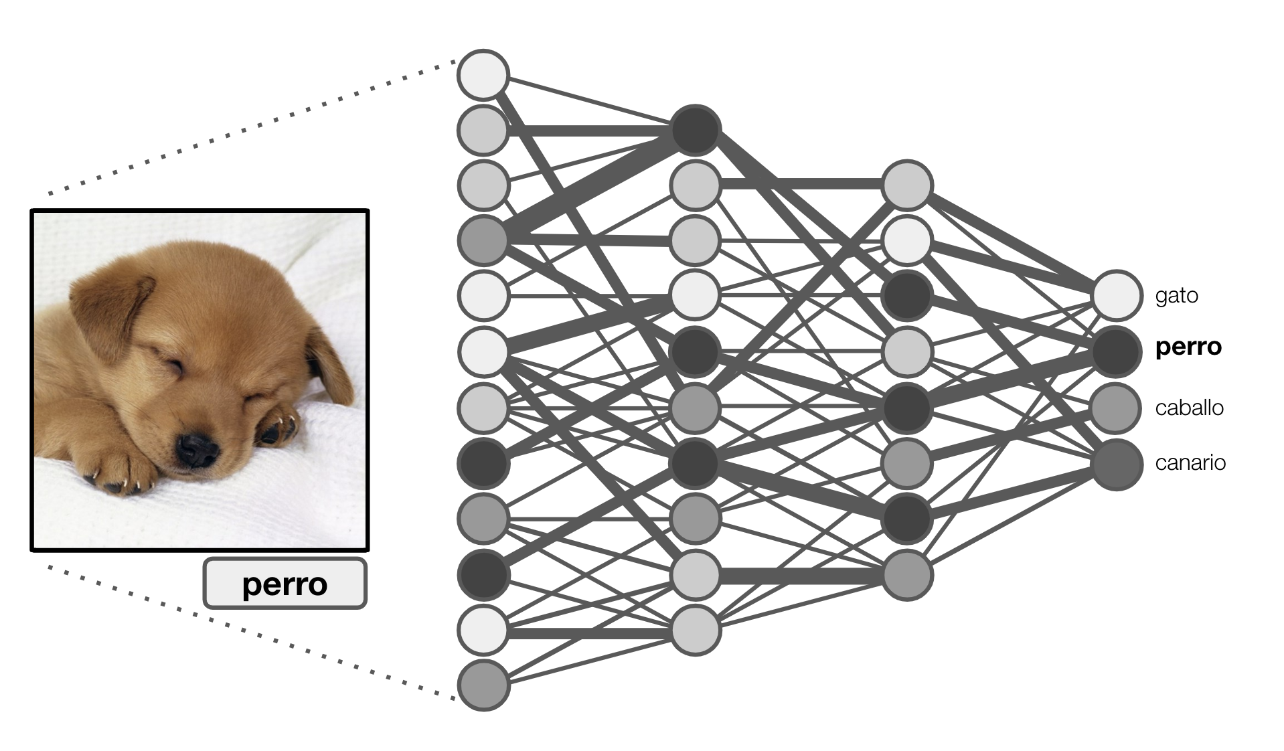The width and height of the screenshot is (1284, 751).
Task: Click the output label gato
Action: pyautogui.click(x=1176, y=295)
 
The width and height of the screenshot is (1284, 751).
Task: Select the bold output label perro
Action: pyautogui.click(x=1188, y=347)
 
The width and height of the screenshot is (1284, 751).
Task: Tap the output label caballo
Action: pyautogui.click(x=1189, y=408)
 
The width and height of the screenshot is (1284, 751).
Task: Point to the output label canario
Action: pyautogui.click(x=1190, y=463)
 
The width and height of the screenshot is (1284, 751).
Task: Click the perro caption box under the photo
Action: pyautogui.click(x=285, y=584)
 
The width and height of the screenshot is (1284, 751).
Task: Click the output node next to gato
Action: pyautogui.click(x=1116, y=295)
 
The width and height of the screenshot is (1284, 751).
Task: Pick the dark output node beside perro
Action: pyautogui.click(x=1116, y=350)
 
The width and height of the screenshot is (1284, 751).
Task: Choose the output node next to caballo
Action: pyautogui.click(x=1116, y=407)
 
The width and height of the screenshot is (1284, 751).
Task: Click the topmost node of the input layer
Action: pyautogui.click(x=483, y=74)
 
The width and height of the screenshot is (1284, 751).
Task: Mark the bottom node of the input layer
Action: pyautogui.click(x=483, y=685)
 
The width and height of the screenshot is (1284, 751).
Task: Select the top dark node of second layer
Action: pyautogui.click(x=695, y=130)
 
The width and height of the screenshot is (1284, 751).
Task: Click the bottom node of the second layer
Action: pyautogui.click(x=695, y=630)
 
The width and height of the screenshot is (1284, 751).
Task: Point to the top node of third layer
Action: pyautogui.click(x=907, y=185)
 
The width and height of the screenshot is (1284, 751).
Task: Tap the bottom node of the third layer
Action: pyautogui.click(x=907, y=574)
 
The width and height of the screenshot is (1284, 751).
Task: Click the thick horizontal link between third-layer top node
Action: pyautogui.click(x=801, y=183)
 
